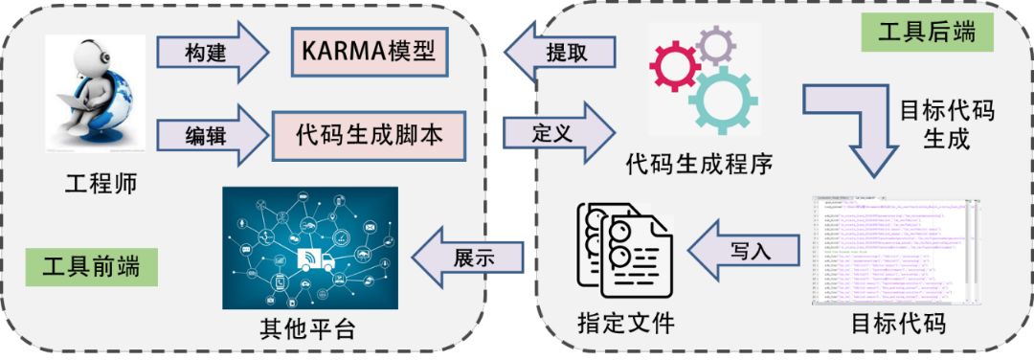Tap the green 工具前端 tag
pyautogui.click(x=91, y=265)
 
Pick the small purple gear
pyautogui.click(x=716, y=45)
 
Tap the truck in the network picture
pyautogui.click(x=315, y=258)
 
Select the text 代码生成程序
pyautogui.click(x=699, y=163)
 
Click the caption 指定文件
pyautogui.click(x=626, y=324)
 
